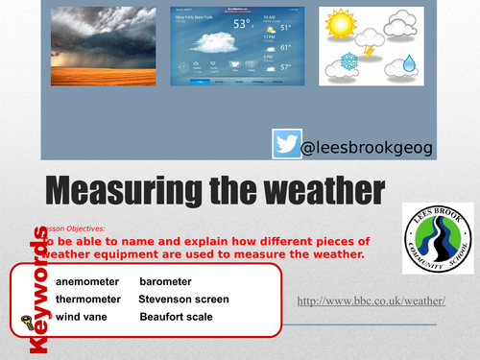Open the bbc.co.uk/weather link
coord(371,300)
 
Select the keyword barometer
coord(165,281)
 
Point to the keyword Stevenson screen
coord(184,299)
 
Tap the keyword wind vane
coord(81,316)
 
